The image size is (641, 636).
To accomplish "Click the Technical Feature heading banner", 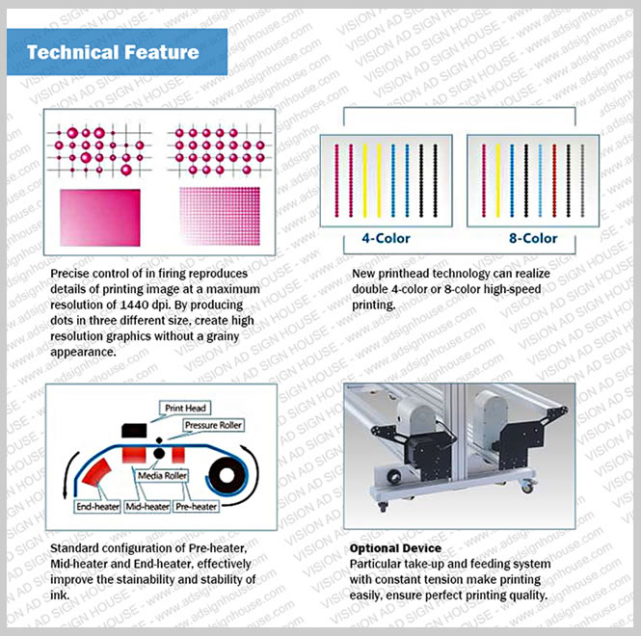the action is click(x=117, y=52).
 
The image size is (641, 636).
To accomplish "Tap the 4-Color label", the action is click(x=386, y=238).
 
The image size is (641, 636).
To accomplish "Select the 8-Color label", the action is click(x=533, y=238).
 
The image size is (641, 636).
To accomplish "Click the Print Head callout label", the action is click(x=185, y=408).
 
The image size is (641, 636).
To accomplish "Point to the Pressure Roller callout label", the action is click(x=213, y=425).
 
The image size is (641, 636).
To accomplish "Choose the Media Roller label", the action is click(x=162, y=476).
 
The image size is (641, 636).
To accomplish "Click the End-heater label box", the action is click(x=97, y=507).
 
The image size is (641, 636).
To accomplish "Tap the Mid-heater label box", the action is click(x=147, y=507).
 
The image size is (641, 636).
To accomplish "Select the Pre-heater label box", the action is click(x=197, y=507).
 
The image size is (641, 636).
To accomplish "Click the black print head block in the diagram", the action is click(x=134, y=431).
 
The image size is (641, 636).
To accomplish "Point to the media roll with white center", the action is click(x=227, y=475).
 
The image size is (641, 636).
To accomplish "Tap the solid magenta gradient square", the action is click(x=100, y=218).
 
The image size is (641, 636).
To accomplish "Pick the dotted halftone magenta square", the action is click(x=220, y=216).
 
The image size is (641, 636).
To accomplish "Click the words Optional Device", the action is click(x=395, y=548).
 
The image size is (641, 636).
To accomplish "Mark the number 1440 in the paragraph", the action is click(x=134, y=305).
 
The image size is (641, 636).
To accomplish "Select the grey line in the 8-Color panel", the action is click(x=582, y=180).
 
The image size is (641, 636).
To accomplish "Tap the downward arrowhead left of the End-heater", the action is click(x=65, y=493).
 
